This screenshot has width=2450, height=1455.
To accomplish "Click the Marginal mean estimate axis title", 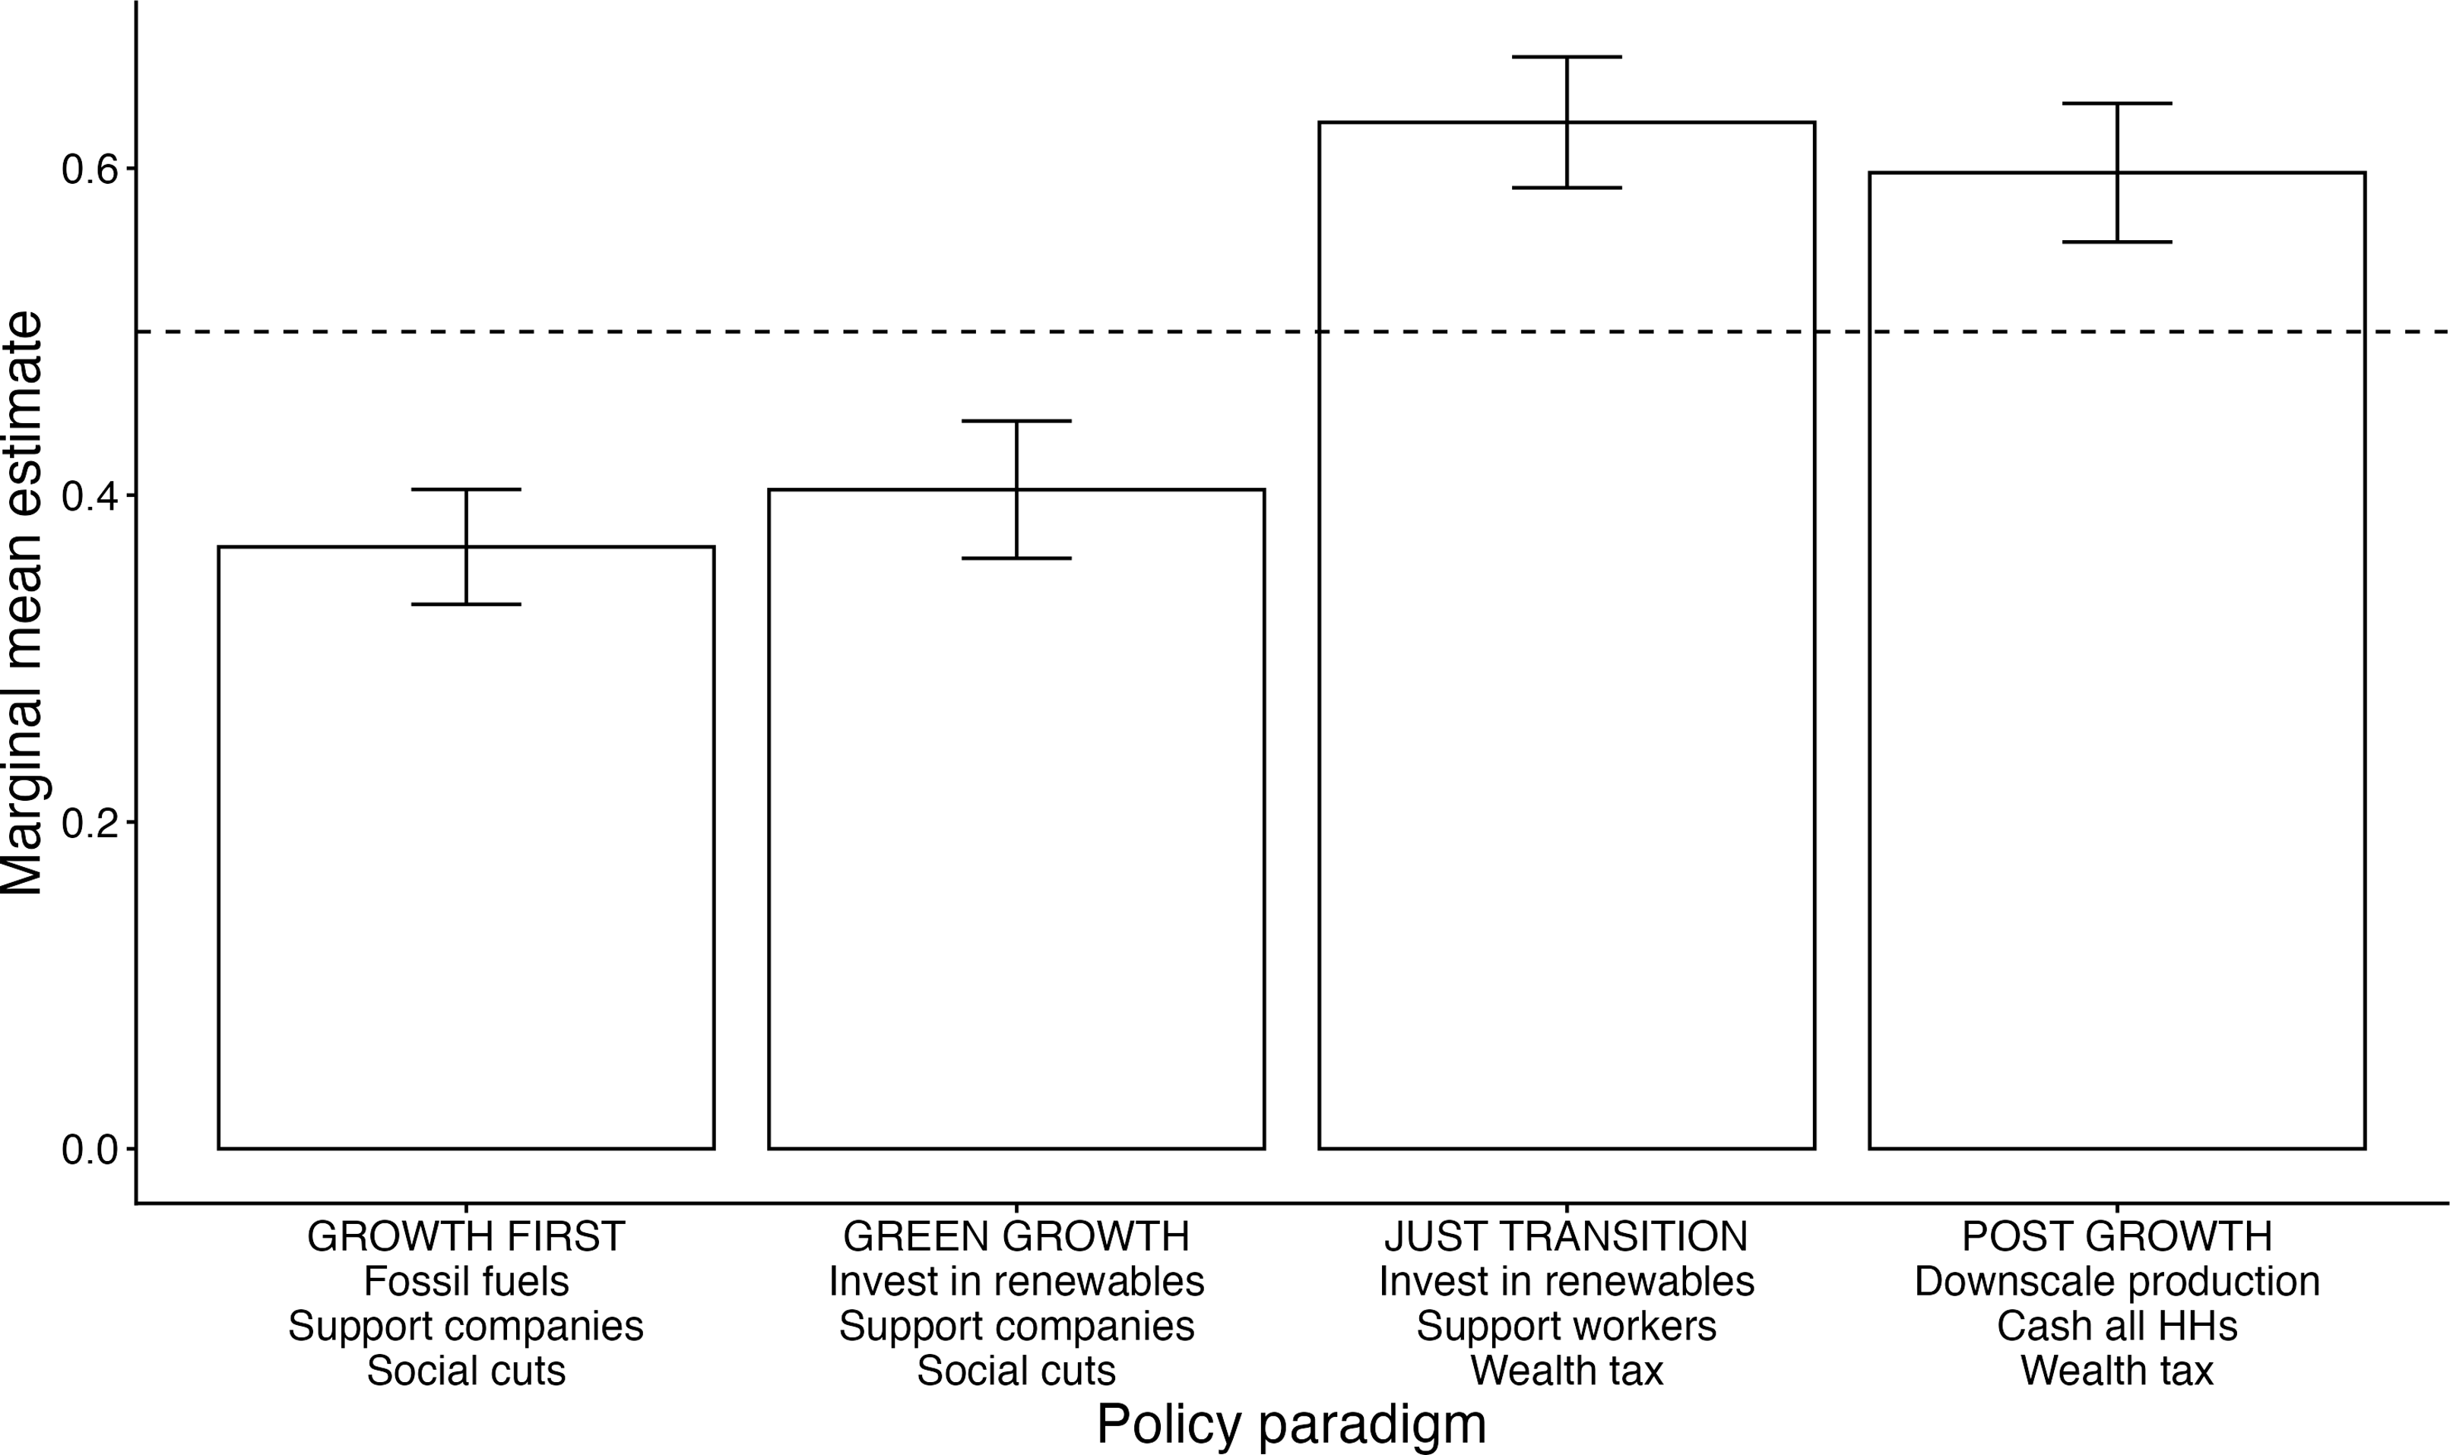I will (21, 603).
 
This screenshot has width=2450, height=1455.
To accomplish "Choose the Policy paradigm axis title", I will (1291, 1424).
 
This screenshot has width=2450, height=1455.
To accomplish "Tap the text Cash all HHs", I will (2116, 1327).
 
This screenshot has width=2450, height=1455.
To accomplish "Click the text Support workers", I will (1567, 1327).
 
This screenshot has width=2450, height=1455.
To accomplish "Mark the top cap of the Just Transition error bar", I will (1567, 57).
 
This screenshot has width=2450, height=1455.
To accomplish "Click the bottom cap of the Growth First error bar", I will (466, 604).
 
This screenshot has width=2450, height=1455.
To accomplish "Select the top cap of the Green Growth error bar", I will (1016, 421).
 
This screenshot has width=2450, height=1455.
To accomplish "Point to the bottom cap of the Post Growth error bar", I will (2116, 241).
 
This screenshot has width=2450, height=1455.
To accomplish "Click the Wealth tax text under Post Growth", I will (2116, 1371).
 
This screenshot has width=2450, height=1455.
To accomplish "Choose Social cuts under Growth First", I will (466, 1371).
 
